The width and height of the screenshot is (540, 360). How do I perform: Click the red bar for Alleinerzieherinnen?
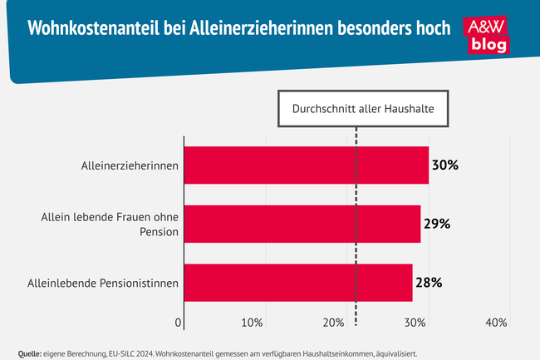[306, 165]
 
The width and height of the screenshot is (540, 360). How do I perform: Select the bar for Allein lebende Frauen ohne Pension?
[302, 224]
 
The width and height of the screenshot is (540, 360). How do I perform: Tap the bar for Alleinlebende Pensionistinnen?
[297, 283]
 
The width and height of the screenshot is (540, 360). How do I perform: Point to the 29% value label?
[436, 224]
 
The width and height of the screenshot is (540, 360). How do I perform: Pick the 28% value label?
[428, 283]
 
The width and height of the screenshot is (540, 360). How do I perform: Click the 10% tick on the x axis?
[253, 323]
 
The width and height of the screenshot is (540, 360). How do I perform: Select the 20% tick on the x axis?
[334, 323]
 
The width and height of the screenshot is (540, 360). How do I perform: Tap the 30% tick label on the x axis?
[415, 323]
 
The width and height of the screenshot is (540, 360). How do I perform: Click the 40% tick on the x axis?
[497, 323]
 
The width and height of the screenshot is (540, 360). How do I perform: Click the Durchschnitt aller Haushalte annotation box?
[356, 108]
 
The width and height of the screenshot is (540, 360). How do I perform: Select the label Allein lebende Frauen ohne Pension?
[110, 224]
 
